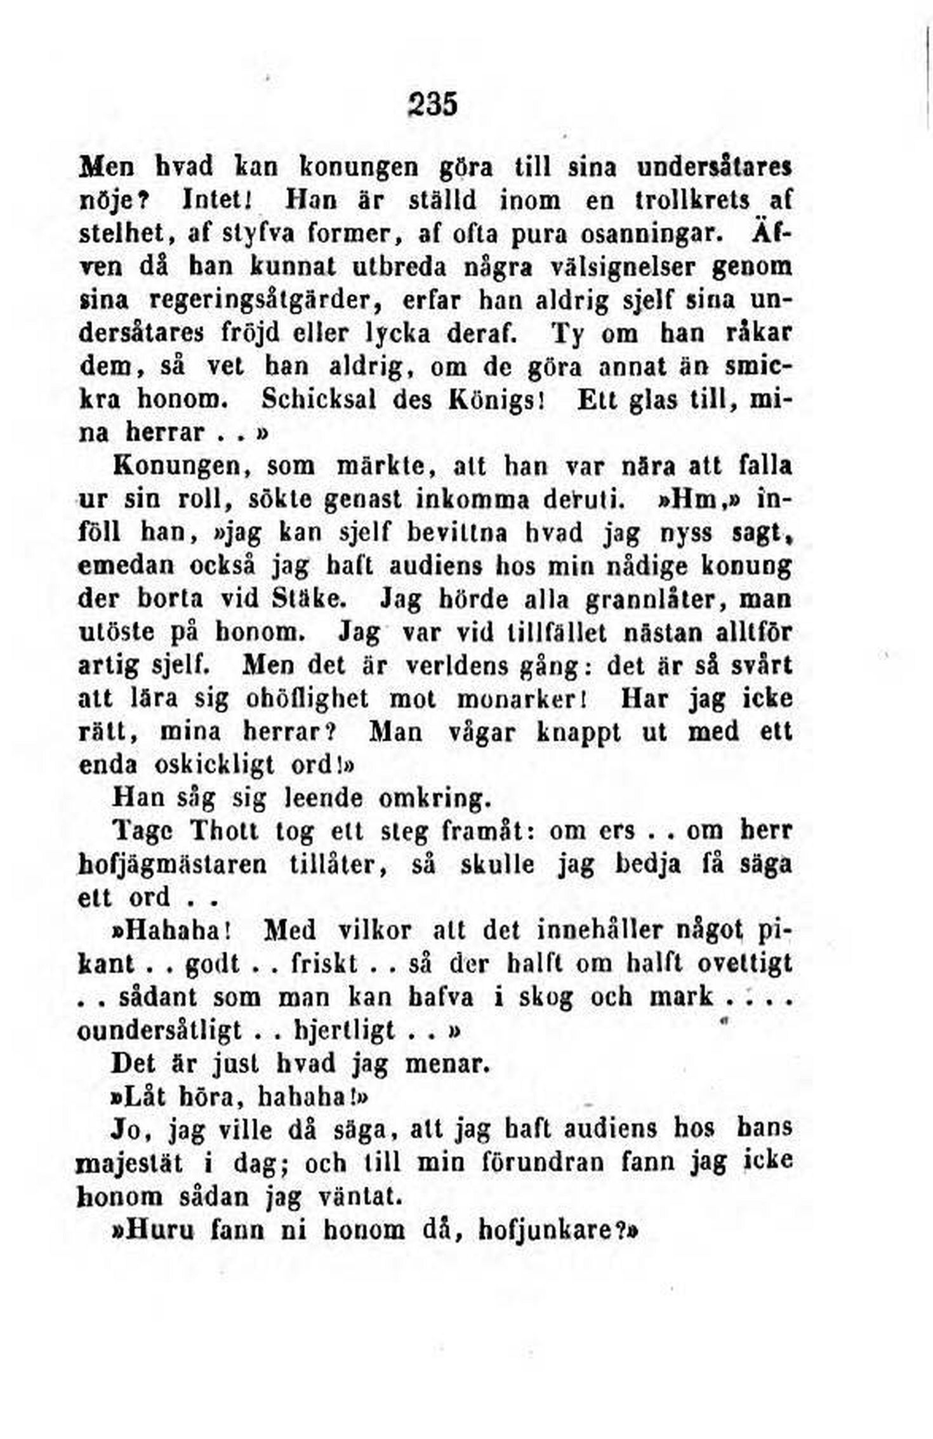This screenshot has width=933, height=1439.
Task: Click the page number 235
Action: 432,104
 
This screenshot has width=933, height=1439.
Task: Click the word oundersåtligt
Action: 159,1031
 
